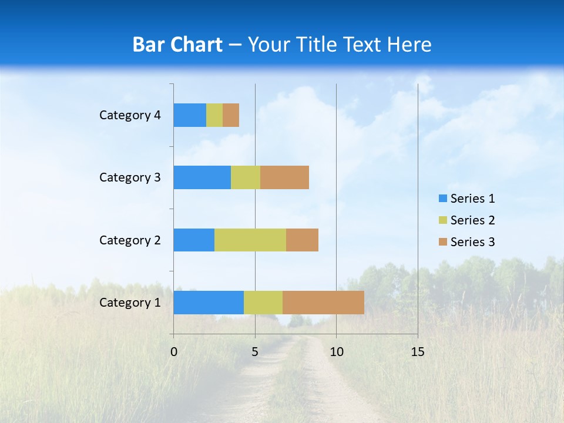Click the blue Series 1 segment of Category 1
(x=209, y=303)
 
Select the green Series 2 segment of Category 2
(x=250, y=240)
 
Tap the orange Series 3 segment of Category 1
(x=323, y=303)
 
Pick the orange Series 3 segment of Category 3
(x=284, y=177)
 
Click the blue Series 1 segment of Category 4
(x=190, y=115)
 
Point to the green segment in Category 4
(x=214, y=115)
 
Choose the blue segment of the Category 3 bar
(x=202, y=177)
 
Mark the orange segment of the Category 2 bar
(x=302, y=240)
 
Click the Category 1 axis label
(x=130, y=303)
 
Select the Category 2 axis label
(x=130, y=240)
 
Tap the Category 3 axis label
(x=130, y=177)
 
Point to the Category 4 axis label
(x=130, y=115)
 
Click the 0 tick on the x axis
(x=174, y=352)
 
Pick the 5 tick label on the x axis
(x=255, y=352)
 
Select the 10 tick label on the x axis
(x=336, y=352)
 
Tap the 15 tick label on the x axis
(x=417, y=352)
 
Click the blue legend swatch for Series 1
(x=443, y=199)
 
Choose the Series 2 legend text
(x=472, y=220)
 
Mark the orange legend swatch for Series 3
(x=443, y=242)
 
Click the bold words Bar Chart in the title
(x=177, y=45)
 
